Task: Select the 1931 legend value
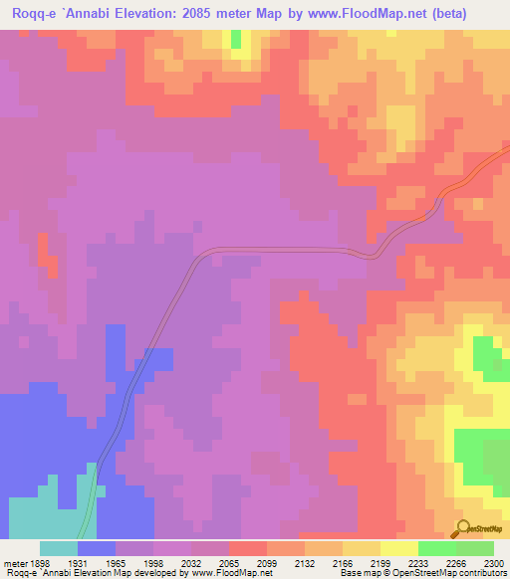78,561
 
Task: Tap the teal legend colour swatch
59,548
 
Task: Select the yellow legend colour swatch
398,548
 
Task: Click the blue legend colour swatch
97,548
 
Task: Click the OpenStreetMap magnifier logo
463,528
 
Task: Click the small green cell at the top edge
236,39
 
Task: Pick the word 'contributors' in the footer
485,573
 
